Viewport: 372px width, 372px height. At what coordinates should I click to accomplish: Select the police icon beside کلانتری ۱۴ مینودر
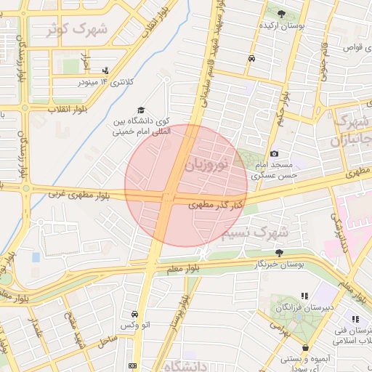click(x=106, y=70)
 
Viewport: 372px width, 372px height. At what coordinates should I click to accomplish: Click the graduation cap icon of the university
click(x=140, y=109)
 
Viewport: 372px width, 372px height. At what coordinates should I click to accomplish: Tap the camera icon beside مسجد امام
click(x=274, y=153)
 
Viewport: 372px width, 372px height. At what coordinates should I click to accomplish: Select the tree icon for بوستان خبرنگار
click(x=279, y=252)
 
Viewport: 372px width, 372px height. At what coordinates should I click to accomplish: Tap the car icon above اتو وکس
click(x=135, y=314)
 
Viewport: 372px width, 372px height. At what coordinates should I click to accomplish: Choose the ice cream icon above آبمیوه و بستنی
click(x=306, y=348)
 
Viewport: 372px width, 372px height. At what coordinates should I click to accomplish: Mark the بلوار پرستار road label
click(x=177, y=312)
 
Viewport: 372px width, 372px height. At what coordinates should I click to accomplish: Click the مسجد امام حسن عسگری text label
click(x=274, y=170)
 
